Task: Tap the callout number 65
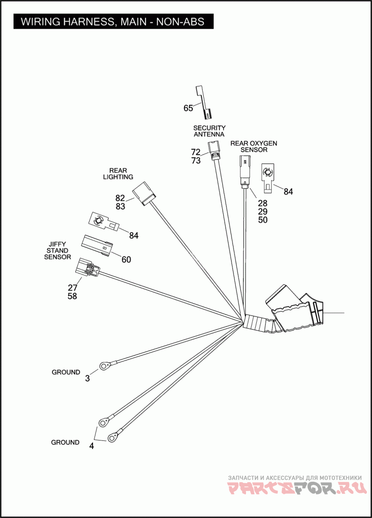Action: pyautogui.click(x=188, y=108)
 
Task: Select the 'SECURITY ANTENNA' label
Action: pyautogui.click(x=209, y=131)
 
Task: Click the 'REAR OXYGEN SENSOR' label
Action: pyautogui.click(x=254, y=146)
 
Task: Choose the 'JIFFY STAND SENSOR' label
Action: pyautogui.click(x=58, y=250)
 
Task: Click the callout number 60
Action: pyautogui.click(x=126, y=260)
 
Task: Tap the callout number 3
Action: pyautogui.click(x=87, y=378)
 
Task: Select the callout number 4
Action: pyautogui.click(x=92, y=446)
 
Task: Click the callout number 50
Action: pyautogui.click(x=263, y=220)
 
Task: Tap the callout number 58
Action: pyautogui.click(x=72, y=296)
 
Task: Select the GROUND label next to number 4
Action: pyautogui.click(x=65, y=442)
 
